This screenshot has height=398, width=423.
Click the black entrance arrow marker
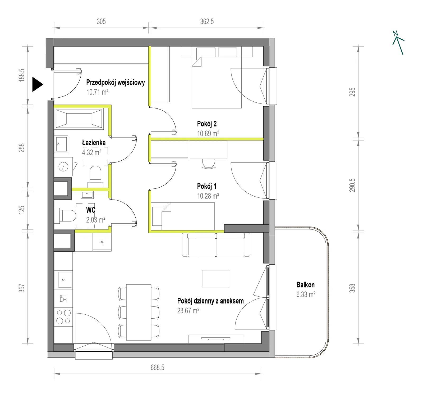37,84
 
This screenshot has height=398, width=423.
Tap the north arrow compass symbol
398,43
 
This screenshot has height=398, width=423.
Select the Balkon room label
306,285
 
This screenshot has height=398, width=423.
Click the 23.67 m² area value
188,310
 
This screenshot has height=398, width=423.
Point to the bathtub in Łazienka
79,117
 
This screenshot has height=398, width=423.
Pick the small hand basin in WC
87,195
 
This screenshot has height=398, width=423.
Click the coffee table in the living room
216,278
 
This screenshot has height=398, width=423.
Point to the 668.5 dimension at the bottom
158,368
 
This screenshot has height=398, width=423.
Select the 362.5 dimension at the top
207,21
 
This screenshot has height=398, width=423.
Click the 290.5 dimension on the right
352,185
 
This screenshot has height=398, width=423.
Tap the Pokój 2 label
207,124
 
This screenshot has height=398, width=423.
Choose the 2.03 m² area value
96,220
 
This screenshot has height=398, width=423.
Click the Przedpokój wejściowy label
116,83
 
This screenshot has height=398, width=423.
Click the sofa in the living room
216,245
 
